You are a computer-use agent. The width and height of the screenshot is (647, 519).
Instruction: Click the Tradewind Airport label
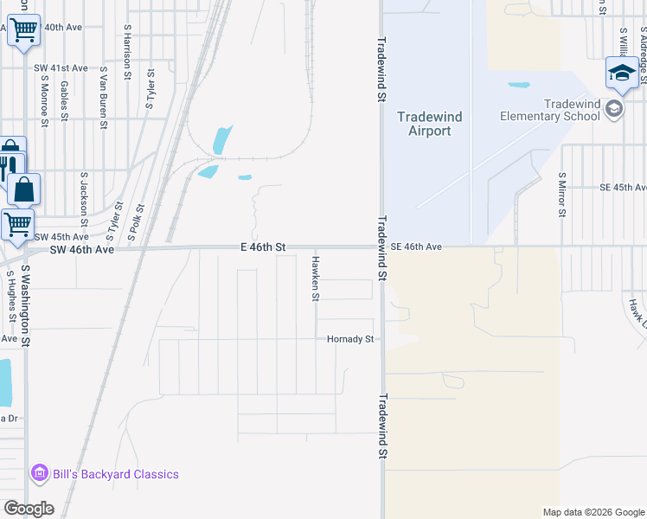pos(429,124)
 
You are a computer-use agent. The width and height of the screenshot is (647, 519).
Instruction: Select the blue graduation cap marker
pos(622,73)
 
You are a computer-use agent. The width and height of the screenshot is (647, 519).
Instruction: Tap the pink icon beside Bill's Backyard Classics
pos(39,474)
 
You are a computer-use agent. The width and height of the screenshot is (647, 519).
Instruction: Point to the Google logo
pos(29,509)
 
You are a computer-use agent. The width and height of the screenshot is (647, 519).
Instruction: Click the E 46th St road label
pos(263,247)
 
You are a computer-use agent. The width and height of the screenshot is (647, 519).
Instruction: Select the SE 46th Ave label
pos(416,247)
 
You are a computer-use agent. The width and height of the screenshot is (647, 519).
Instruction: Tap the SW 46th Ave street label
pos(82,249)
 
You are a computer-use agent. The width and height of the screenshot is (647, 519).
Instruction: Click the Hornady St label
pos(349,339)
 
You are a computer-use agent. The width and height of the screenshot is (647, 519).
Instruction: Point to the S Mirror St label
pos(561,195)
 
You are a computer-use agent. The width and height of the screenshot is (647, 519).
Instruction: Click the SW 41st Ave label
pos(61,67)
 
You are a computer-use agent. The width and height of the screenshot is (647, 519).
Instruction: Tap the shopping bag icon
pos(24,189)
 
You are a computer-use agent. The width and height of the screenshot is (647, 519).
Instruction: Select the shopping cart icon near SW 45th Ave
pos(16,224)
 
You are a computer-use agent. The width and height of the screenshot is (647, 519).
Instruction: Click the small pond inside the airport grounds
pos(519,86)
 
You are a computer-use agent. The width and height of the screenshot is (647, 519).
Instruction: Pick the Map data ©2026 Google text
pos(593,512)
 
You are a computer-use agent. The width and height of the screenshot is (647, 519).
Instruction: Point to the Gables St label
pos(64,99)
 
